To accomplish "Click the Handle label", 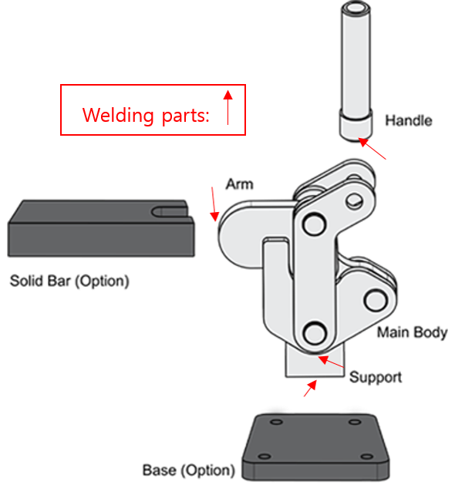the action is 408,120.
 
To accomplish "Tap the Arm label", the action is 240,184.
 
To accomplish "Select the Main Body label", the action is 412,332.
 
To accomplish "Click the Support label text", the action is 376,377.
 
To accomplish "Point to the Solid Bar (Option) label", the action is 69,281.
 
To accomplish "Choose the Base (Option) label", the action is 189,470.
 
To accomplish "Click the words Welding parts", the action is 146,116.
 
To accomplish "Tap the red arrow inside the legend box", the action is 228,108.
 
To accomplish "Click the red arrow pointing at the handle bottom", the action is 372,149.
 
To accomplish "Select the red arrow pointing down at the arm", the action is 214,204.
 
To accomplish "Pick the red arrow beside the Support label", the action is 331,362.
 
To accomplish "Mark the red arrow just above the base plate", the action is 310,388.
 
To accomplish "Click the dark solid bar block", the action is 101,228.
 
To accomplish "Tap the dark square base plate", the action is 315,446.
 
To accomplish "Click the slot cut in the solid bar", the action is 170,212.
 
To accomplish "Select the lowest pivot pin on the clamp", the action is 315,333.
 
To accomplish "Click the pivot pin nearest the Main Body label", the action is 376,300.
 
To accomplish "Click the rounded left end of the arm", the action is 231,235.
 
